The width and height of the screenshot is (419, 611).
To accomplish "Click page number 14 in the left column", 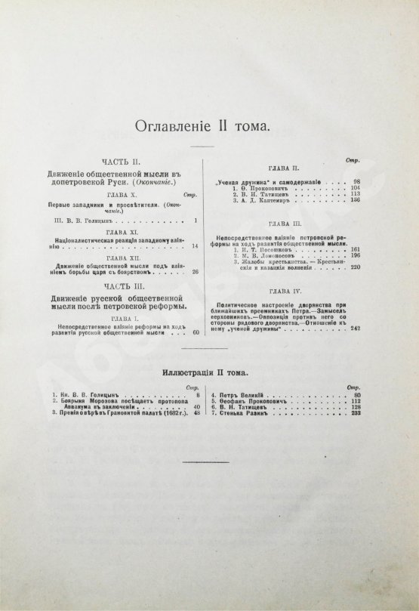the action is [195, 246].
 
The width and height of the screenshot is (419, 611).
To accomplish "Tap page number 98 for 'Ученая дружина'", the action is [358, 183].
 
